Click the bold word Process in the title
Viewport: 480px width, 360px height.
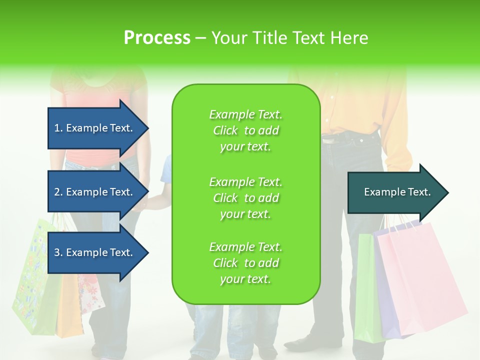coord(157,38)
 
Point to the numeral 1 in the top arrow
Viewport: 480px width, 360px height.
coord(57,128)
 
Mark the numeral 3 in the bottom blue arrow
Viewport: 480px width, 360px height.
coord(57,252)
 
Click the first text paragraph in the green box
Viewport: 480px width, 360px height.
coord(245,130)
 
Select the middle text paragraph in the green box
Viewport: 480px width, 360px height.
coord(245,198)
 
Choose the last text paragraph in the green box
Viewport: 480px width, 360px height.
coord(245,263)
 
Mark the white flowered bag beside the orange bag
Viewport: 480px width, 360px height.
coord(91,295)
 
